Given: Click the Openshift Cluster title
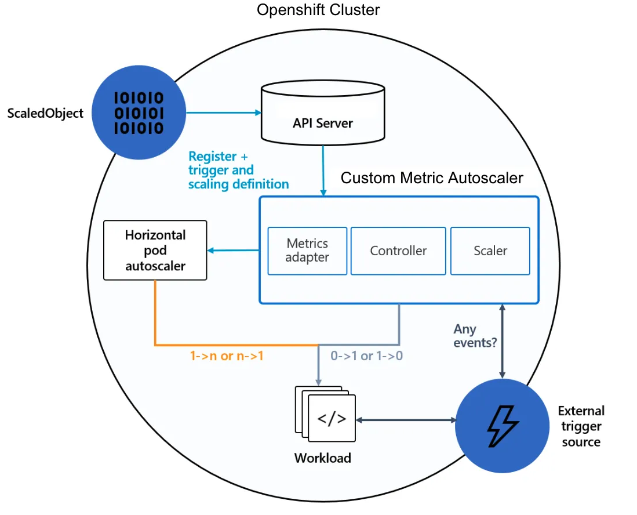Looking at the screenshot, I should click(318, 10).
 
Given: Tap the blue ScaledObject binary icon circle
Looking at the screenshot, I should click(139, 113).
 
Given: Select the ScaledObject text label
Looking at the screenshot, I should click(45, 113).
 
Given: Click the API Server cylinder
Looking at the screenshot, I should click(322, 113).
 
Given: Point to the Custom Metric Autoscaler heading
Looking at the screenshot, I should click(432, 177).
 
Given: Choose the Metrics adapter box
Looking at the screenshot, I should click(307, 251).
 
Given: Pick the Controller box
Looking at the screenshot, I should click(398, 251).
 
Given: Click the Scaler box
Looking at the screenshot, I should click(490, 251).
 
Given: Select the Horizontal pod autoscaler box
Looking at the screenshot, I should click(155, 250).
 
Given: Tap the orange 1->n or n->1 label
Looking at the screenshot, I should click(227, 356).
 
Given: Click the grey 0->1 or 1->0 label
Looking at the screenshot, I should click(366, 356).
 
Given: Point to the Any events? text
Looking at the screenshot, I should click(475, 336).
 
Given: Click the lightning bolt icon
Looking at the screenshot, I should click(502, 426).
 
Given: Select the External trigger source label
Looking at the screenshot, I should click(581, 426).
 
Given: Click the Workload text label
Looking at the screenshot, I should click(322, 458).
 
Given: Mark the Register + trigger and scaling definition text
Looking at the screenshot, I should click(238, 170).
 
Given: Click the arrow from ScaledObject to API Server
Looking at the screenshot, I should click(223, 113).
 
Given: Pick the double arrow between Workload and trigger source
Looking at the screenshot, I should click(406, 419).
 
